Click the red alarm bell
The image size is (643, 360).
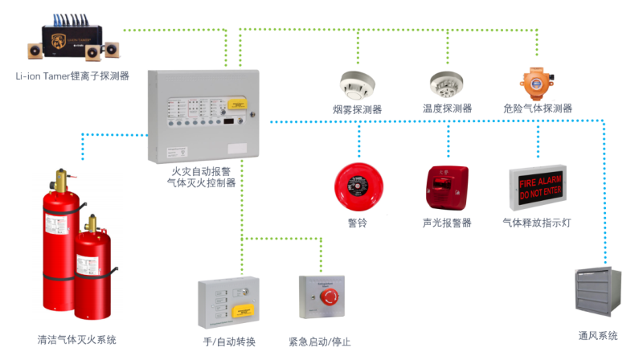[x=357, y=186]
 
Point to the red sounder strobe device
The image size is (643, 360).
[x=446, y=186]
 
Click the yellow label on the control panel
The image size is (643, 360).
[x=236, y=103]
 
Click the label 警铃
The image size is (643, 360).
[x=357, y=223]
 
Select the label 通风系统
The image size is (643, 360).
[x=598, y=335]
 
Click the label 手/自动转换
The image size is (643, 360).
[x=230, y=342]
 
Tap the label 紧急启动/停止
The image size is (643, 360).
[x=320, y=342]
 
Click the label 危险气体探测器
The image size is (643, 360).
[x=537, y=108]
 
